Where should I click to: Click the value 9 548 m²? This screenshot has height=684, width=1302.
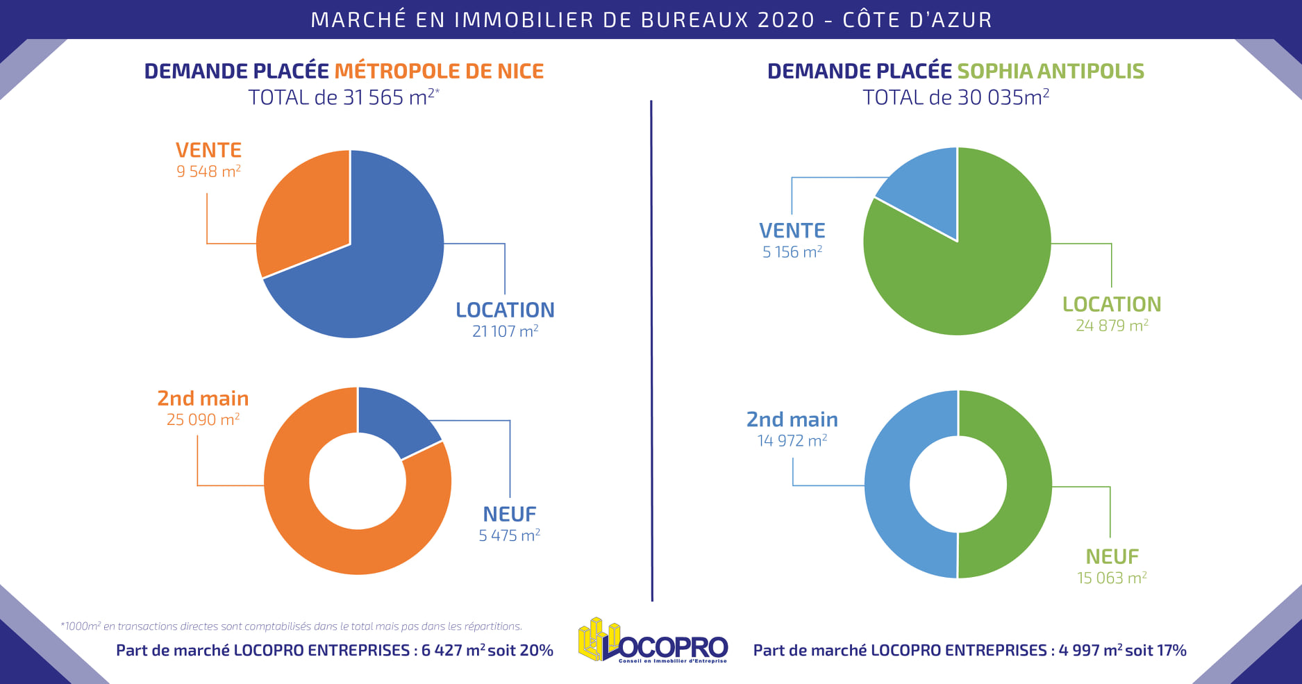pyautogui.click(x=208, y=172)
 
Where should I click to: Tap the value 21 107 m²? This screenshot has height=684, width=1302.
pyautogui.click(x=505, y=331)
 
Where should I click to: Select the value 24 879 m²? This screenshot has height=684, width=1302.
pyautogui.click(x=1111, y=326)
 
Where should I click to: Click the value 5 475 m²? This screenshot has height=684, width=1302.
pyautogui.click(x=509, y=535)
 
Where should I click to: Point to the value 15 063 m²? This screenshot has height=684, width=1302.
pyautogui.click(x=1111, y=578)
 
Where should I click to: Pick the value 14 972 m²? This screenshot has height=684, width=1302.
pyautogui.click(x=792, y=441)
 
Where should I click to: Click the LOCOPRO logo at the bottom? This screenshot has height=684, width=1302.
pyautogui.click(x=652, y=642)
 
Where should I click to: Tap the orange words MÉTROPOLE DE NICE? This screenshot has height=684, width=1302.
pyautogui.click(x=439, y=71)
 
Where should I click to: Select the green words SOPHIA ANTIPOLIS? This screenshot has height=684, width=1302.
pyautogui.click(x=1050, y=71)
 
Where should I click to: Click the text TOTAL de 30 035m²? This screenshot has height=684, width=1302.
pyautogui.click(x=955, y=97)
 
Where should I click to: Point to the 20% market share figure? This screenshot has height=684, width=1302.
pyautogui.click(x=536, y=651)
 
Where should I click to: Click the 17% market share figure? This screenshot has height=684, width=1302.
pyautogui.click(x=1171, y=651)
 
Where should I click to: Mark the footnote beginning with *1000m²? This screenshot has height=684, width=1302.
pyautogui.click(x=292, y=626)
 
